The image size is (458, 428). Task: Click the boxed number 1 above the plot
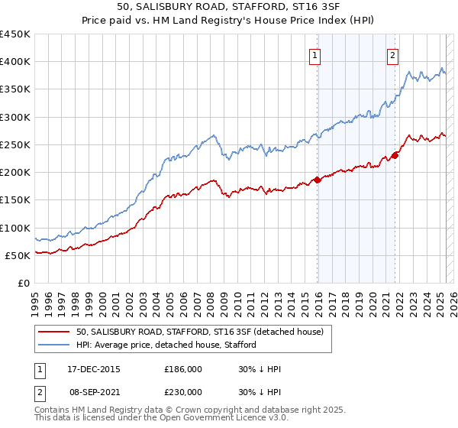[x=314, y=54]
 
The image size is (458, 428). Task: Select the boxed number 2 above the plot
[x=392, y=54]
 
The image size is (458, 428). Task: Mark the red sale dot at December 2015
[x=317, y=180]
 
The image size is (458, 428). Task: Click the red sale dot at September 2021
[x=395, y=156]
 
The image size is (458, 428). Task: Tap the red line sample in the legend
[x=54, y=332]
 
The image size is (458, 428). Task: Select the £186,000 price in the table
[x=183, y=369]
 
